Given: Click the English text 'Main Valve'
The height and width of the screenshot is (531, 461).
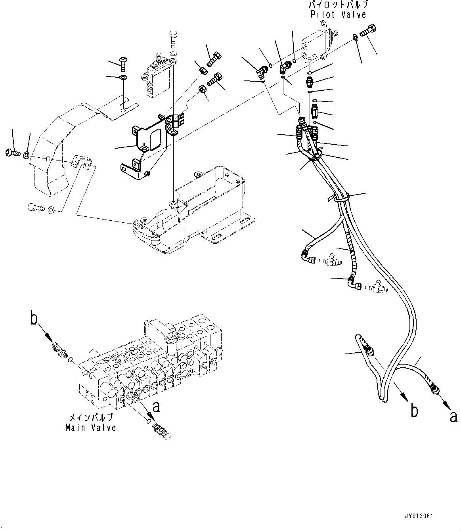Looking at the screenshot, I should click(x=91, y=428).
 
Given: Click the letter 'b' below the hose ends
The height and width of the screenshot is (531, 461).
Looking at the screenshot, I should click(x=414, y=411).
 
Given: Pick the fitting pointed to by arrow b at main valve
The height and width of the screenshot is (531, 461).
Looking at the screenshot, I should click(x=59, y=350).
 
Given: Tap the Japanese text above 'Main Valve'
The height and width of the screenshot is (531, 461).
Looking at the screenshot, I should click(x=91, y=418).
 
